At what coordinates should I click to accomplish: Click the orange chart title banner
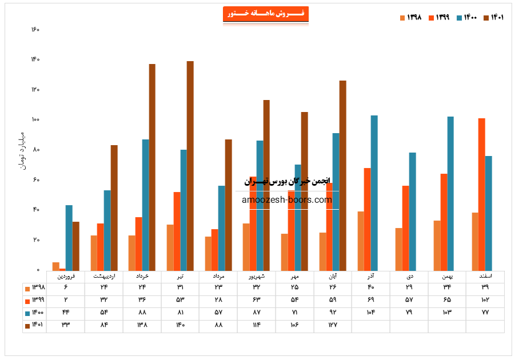tap(265, 14)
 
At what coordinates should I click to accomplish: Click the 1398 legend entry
tap(410, 17)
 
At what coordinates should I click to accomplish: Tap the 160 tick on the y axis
tap(35, 30)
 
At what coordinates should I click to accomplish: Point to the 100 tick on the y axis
tap(35, 119)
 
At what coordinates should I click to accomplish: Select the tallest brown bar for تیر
tap(190, 166)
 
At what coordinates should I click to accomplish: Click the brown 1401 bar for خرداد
tap(152, 167)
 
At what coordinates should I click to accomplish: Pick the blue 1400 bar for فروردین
tap(69, 237)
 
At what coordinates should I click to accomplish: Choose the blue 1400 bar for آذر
tap(374, 193)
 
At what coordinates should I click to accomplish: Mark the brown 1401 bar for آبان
tap(343, 175)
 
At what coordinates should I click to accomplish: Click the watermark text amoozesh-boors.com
tap(287, 200)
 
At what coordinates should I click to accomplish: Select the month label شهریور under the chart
tap(256, 276)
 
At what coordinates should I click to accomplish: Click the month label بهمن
tap(447, 276)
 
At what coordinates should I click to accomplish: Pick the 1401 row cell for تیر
tap(180, 325)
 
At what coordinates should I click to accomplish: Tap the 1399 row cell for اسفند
tap(485, 300)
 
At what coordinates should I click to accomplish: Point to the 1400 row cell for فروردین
tap(65, 313)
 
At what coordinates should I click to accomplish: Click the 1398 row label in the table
tap(34, 288)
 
